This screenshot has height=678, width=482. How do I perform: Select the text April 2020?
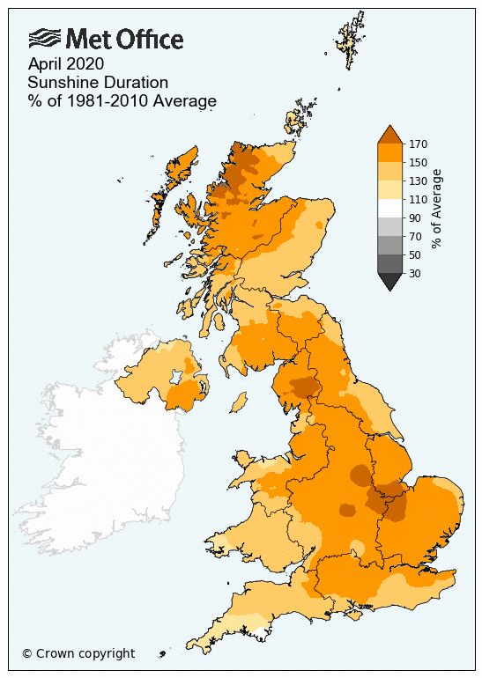coord(66,63)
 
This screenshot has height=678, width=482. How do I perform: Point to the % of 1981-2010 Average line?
coord(122,101)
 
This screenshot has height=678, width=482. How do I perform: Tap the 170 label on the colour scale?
coord(418,144)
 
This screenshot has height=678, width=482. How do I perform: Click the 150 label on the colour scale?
coord(418,162)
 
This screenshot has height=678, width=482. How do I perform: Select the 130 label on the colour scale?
coord(418,181)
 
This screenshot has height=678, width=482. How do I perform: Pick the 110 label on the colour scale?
coord(418,199)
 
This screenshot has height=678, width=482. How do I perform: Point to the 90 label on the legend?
coord(414,217)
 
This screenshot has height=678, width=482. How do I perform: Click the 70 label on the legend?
coord(414,236)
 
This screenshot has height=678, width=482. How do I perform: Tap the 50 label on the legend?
coord(414,254)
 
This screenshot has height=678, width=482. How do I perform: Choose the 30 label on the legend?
coord(414,273)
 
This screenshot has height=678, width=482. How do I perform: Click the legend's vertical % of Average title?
coord(438,209)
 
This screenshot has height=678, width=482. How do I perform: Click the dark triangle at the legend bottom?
coord(389,280)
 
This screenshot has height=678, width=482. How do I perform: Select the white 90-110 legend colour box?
coord(389,208)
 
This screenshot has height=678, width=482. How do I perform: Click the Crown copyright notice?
coord(78,653)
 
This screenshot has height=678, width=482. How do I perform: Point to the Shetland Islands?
coord(350,40)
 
